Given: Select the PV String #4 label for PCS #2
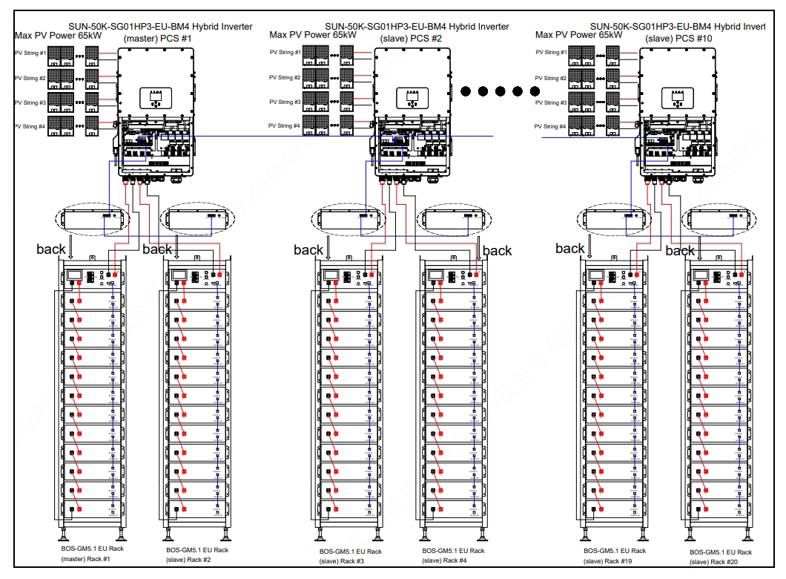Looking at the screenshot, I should pos(285,126).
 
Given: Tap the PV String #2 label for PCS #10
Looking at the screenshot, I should pos(550,78).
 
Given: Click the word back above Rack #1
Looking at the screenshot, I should pos(51,249).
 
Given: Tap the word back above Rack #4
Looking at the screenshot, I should pos(497,251).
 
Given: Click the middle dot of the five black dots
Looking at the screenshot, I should pos(501,91).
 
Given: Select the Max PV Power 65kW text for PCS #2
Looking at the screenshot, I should pos(313,34).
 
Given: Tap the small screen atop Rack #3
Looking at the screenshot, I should pos(331,275).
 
